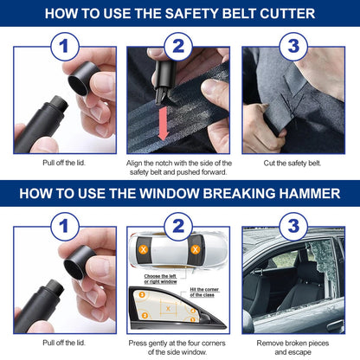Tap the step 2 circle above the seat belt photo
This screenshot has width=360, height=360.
(179, 46)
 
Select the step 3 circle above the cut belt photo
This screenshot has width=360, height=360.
(293, 46)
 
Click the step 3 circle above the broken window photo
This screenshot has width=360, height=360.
(293, 226)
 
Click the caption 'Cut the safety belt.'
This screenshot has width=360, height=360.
(293, 163)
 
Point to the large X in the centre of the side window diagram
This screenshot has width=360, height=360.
(168, 307)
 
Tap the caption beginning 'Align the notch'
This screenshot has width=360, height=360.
(179, 167)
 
